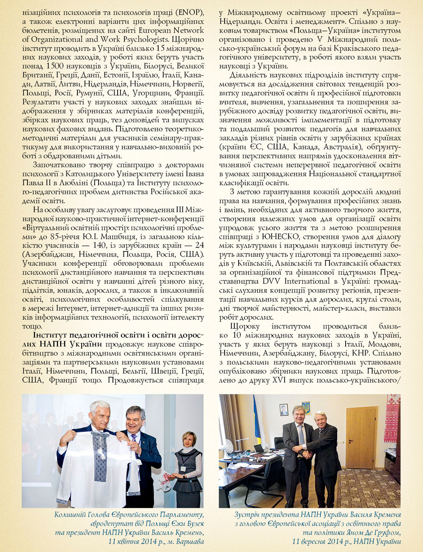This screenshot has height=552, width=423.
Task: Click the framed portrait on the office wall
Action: coord(284,409)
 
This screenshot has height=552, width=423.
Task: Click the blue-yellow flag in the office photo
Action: coord(256,423)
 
